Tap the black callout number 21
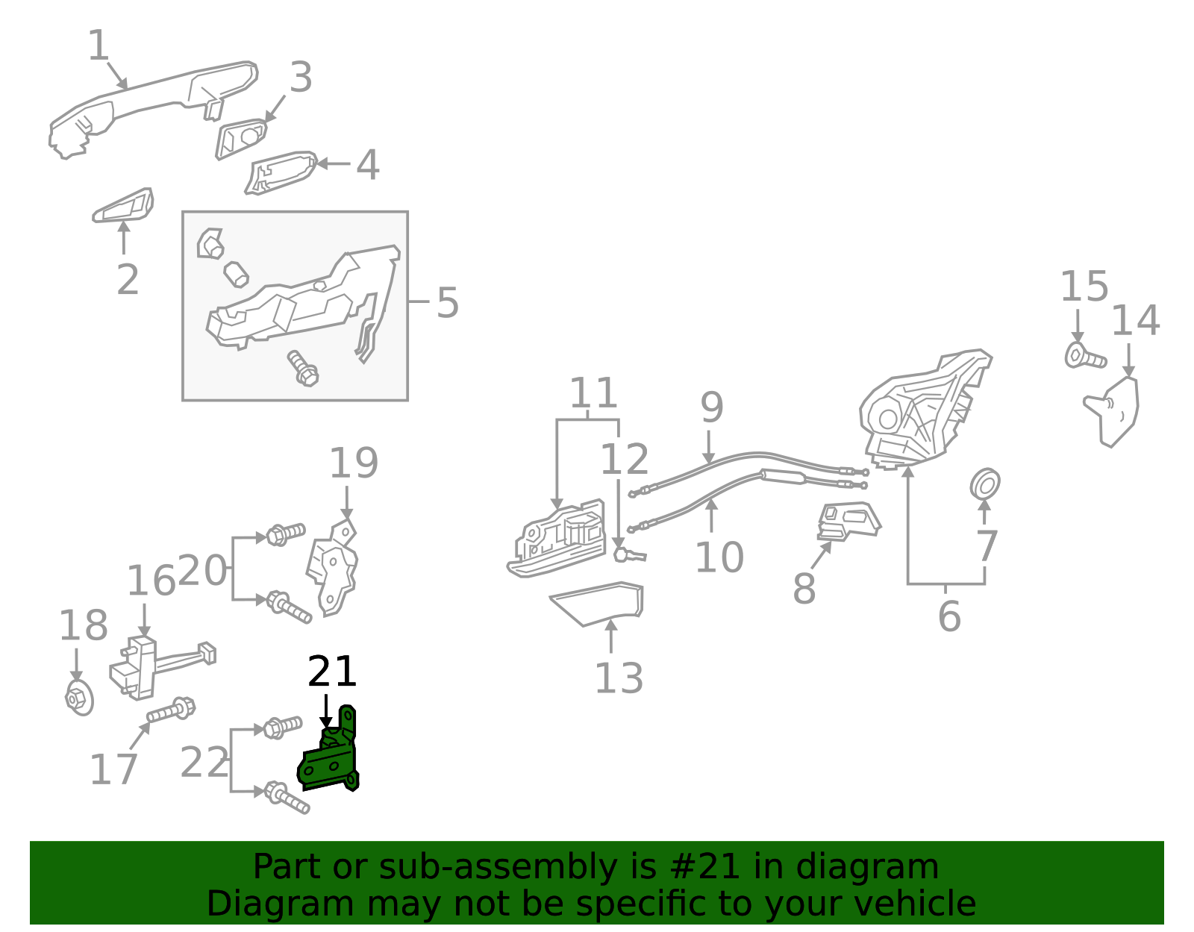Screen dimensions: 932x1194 click(332, 672)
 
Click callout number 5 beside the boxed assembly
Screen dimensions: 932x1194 click(447, 303)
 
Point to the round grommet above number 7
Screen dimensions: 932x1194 click(985, 485)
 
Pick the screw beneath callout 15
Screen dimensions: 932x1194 click(1084, 357)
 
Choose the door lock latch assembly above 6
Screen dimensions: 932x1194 click(922, 410)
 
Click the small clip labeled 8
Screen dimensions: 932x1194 click(848, 521)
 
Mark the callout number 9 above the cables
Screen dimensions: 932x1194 click(712, 407)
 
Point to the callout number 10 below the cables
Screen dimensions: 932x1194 click(719, 557)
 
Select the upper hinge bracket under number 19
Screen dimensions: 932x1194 click(334, 567)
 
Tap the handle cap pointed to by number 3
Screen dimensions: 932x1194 click(241, 139)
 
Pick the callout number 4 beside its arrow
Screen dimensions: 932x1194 click(367, 165)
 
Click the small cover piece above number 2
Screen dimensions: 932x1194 click(124, 206)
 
